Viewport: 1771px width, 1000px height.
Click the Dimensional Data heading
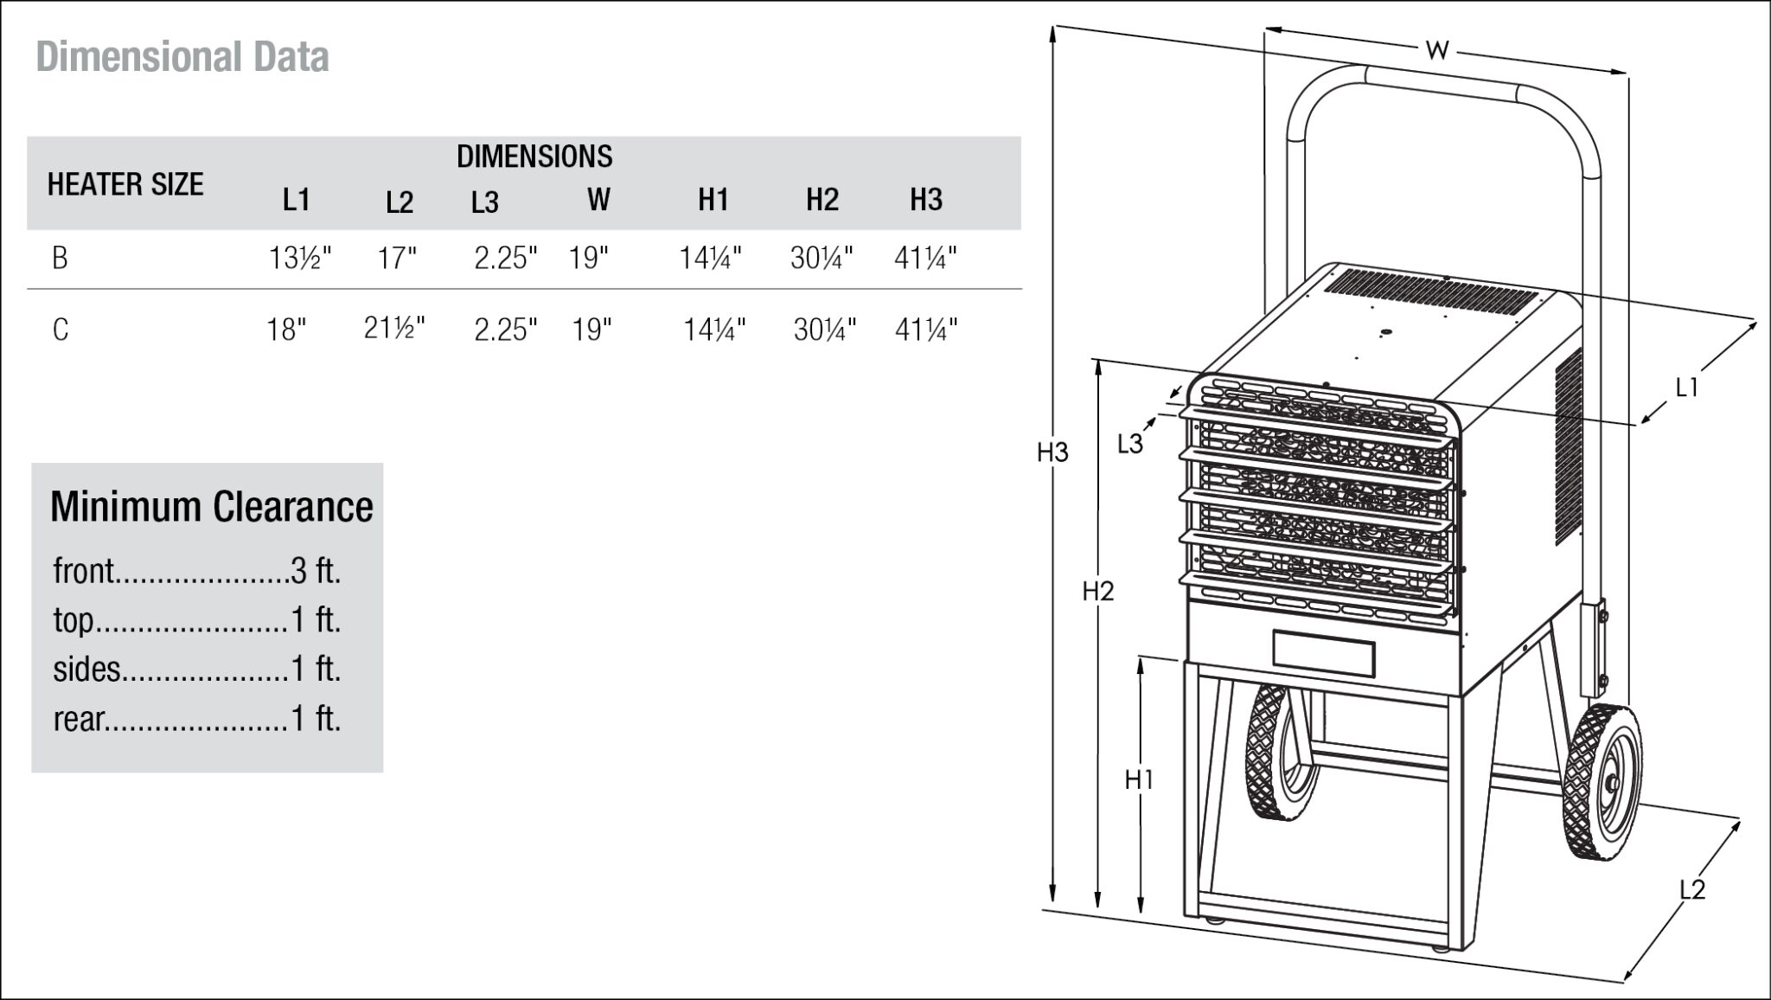[182, 57]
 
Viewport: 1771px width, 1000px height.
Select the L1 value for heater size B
[299, 258]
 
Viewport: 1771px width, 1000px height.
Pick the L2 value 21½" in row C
[394, 329]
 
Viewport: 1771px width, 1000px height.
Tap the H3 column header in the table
[925, 200]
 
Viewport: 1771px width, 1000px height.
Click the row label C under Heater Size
[60, 330]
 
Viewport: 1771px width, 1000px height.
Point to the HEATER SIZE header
[125, 184]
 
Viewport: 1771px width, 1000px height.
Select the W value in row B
[588, 258]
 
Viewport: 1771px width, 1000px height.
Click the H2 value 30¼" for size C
[824, 330]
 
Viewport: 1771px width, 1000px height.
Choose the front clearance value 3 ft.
[316, 571]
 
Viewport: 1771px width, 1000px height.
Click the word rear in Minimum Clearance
[79, 719]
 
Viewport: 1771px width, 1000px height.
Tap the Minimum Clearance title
[211, 507]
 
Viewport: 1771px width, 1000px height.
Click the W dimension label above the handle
[1436, 50]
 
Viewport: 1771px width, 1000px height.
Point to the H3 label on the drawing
[1052, 452]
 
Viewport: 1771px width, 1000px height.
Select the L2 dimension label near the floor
[1691, 889]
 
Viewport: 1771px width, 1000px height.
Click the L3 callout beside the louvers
[1129, 444]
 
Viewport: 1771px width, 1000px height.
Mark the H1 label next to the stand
[1139, 779]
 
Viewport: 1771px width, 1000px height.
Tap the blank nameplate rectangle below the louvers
[1323, 654]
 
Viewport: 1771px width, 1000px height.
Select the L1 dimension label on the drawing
[1686, 388]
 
